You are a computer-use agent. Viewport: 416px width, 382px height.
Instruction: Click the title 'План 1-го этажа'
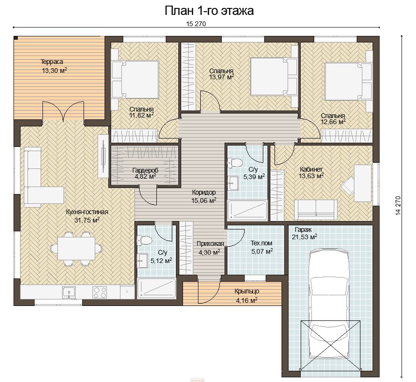click(x=209, y=11)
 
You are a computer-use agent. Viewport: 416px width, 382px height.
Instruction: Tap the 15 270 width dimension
click(x=196, y=24)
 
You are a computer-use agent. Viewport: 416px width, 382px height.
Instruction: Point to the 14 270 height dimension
click(x=398, y=205)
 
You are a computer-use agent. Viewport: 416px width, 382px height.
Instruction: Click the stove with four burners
click(x=100, y=292)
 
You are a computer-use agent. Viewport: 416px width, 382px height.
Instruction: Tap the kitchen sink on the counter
click(x=69, y=292)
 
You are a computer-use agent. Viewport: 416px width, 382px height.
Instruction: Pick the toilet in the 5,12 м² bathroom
click(x=144, y=240)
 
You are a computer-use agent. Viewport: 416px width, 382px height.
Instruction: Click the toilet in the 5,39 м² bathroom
click(x=235, y=162)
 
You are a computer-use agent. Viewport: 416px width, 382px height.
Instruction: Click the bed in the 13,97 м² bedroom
click(x=274, y=76)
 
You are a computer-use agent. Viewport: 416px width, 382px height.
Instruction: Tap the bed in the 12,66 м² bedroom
click(x=348, y=81)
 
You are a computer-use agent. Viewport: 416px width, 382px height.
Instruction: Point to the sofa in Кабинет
click(x=316, y=210)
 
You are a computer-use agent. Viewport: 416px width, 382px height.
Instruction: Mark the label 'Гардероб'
click(x=145, y=170)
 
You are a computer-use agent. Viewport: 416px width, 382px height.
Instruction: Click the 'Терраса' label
click(x=52, y=62)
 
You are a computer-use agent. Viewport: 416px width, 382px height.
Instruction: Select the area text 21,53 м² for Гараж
click(x=304, y=237)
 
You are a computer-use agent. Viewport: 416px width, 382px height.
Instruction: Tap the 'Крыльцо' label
click(x=247, y=292)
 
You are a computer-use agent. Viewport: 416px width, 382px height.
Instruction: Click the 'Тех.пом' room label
click(x=261, y=243)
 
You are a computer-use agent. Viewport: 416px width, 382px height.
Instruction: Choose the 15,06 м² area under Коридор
click(x=204, y=201)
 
